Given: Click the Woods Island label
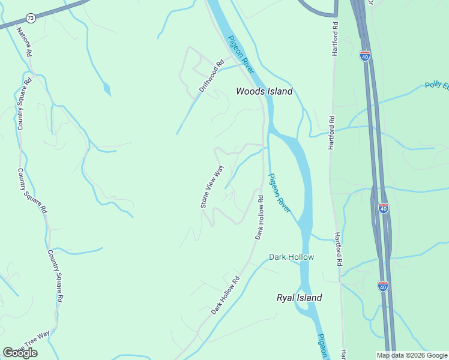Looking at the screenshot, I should point(264,92).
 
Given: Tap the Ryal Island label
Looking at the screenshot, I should point(299,298).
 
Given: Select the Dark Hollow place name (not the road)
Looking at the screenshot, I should point(291,257).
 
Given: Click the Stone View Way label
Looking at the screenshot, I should point(212,187).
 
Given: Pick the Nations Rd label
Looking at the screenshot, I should point(24,41).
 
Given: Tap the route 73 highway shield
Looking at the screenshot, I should point(31,19).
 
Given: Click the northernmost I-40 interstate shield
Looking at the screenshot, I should point(365,56).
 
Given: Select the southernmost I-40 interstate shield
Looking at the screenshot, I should point(383,286).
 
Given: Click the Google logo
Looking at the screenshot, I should point(20,352).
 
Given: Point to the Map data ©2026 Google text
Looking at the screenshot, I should point(412,355).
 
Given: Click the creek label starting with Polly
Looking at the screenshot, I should point(436,85).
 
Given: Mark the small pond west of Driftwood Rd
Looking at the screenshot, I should point(107,90).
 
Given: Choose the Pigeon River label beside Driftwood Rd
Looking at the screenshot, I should point(241,53).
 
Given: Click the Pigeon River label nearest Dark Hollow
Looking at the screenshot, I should point(280,192).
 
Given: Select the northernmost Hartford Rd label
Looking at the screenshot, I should point(336,40).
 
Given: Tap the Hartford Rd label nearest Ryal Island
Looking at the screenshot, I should point(339,250).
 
